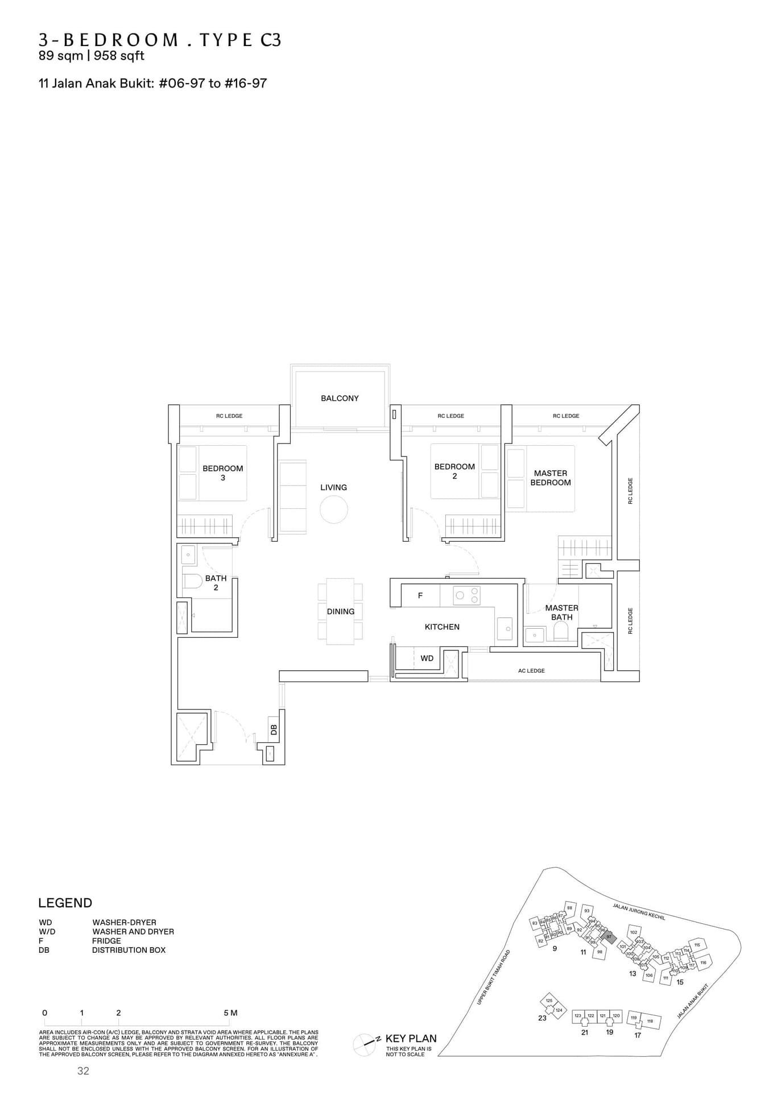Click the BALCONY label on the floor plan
(x=340, y=399)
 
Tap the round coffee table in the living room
(x=334, y=509)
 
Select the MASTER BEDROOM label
(x=550, y=478)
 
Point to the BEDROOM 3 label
(x=222, y=473)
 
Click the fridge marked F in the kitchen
(x=420, y=596)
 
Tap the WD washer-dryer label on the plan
(x=427, y=658)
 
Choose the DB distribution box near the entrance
(x=274, y=729)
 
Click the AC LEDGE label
(x=531, y=671)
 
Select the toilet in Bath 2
(x=192, y=580)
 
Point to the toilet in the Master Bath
(x=561, y=631)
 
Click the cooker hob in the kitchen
(x=466, y=596)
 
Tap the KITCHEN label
(x=442, y=627)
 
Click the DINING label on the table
(x=340, y=612)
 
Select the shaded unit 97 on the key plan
(x=609, y=937)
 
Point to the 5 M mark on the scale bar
(x=230, y=1013)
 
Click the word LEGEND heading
(x=65, y=903)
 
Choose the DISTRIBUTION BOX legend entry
(x=129, y=950)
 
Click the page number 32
(x=83, y=1071)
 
